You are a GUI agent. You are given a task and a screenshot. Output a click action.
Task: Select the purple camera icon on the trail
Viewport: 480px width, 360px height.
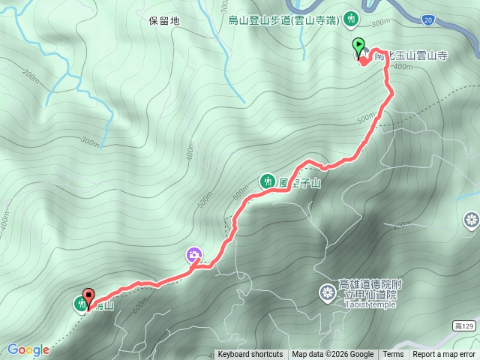[x=193, y=256]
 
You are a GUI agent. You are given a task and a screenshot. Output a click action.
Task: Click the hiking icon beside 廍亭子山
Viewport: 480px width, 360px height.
[x=267, y=180]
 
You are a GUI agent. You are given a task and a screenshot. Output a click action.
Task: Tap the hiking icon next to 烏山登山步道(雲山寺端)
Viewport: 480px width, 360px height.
[x=352, y=19]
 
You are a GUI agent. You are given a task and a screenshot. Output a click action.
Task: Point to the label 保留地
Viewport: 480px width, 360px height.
[x=164, y=21]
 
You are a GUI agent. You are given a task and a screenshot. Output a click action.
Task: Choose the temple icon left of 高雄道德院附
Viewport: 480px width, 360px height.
[x=328, y=292]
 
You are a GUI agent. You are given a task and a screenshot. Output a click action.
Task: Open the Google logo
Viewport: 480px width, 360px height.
[x=28, y=349]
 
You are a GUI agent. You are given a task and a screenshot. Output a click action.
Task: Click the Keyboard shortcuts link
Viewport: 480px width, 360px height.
[x=250, y=355]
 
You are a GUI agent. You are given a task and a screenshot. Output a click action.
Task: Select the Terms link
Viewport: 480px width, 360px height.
[x=393, y=355]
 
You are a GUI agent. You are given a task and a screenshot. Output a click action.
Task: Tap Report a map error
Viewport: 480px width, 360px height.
[x=443, y=355]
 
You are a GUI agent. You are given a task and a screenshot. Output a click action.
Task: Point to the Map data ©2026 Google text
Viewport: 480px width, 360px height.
[x=333, y=355]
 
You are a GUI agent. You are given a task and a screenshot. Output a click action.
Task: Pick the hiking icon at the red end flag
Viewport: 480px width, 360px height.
[x=80, y=304]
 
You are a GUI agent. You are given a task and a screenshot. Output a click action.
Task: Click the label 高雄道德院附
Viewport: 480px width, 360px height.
[x=370, y=285]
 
